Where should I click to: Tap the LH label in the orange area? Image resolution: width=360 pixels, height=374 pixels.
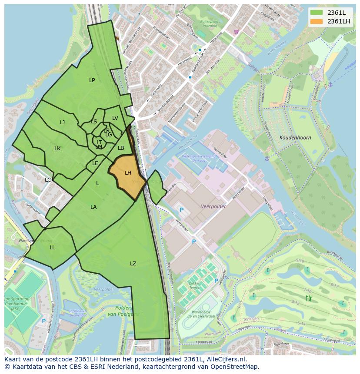[x=128, y=173]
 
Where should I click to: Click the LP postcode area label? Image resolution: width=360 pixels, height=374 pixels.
[x=92, y=80]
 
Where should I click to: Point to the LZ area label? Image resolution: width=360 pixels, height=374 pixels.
[x=133, y=264]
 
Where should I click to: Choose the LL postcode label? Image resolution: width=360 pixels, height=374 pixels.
[x=52, y=248]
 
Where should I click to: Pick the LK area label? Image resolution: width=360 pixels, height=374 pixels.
[x=57, y=149]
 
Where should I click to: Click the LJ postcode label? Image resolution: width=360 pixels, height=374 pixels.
[x=62, y=122]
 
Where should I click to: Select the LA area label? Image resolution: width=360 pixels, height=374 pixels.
[x=93, y=207]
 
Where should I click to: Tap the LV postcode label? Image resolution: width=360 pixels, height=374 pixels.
[x=115, y=118]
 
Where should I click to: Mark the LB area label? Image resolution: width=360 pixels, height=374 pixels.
[x=121, y=148]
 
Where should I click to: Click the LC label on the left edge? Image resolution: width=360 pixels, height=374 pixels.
[x=48, y=180]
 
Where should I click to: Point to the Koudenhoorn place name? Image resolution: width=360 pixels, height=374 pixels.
[x=295, y=138]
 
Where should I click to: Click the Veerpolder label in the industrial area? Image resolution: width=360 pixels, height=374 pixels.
[x=213, y=207]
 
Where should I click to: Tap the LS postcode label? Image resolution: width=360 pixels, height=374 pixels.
[x=94, y=122]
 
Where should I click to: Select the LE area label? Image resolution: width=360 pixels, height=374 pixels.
[x=95, y=163]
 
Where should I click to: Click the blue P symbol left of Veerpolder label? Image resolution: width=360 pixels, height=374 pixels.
[x=182, y=210]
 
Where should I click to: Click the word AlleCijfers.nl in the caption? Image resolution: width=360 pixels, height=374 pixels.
[x=226, y=359]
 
